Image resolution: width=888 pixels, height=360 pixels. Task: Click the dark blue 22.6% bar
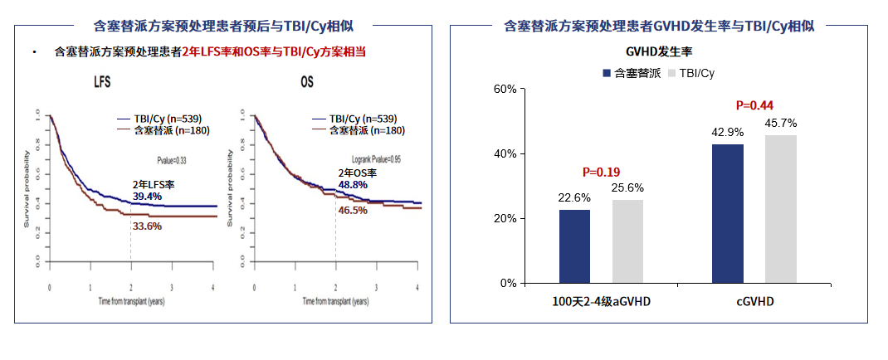574,246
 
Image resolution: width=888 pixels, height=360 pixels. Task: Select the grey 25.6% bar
627,241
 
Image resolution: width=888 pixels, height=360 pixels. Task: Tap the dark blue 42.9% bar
728,213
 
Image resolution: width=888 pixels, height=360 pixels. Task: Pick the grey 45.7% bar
781,209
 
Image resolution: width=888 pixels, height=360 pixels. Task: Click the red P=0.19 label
601,173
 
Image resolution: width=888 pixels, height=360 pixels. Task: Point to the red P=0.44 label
754,105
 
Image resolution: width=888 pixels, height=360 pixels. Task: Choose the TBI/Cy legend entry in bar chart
690,73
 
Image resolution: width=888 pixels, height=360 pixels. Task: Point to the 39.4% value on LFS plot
148,196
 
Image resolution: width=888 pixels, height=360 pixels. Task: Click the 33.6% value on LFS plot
148,226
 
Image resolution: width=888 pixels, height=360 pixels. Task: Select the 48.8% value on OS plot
354,184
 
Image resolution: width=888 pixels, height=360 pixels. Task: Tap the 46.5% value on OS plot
354,211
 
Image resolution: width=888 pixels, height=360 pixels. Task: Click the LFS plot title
102,84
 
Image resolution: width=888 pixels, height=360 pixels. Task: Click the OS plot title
307,84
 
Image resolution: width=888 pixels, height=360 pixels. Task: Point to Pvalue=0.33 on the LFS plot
172,158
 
